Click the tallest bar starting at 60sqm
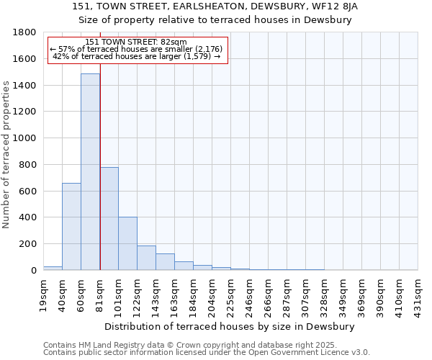coord(90,172)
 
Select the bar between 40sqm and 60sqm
coord(71,227)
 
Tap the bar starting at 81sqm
coord(109,219)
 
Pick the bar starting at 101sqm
coord(127,243)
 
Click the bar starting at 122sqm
coord(146,258)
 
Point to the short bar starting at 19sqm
coord(53,268)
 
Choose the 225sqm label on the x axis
coord(231,295)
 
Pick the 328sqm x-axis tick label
coord(325,295)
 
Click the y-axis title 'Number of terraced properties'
coord(6,155)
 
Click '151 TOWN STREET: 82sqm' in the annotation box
coord(136,42)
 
